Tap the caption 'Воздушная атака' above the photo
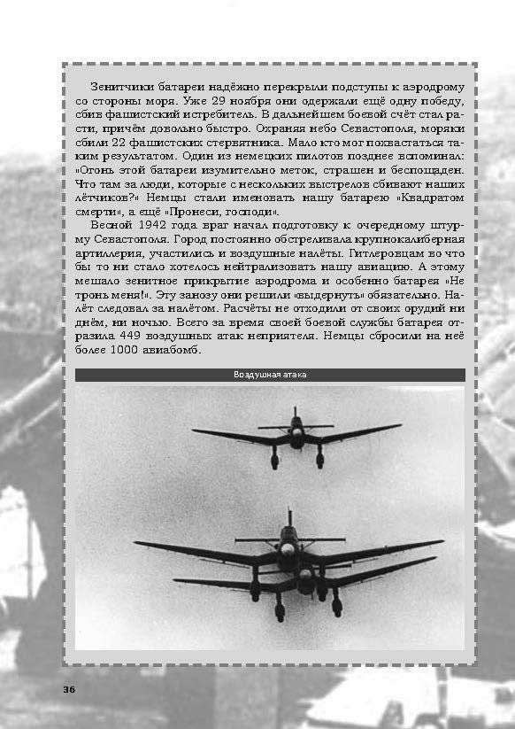click(270, 376)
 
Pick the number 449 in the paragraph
click(137, 337)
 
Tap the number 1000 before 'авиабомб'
click(139, 352)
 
